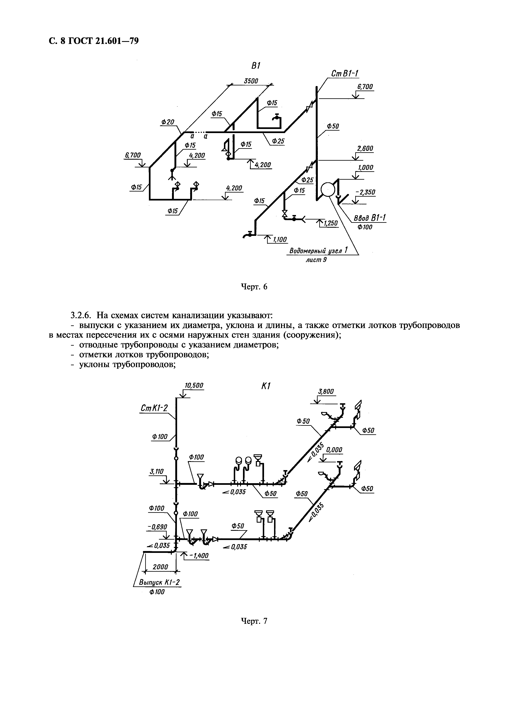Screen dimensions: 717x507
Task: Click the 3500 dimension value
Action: (251, 81)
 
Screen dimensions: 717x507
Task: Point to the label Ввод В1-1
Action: (370, 218)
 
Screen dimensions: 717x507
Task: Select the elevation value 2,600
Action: (365, 148)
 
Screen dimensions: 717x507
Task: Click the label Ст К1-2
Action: (154, 408)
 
